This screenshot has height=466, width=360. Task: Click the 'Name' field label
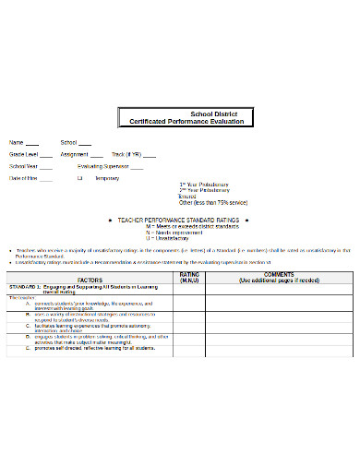point(16,142)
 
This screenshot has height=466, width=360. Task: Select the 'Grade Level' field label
point(23,154)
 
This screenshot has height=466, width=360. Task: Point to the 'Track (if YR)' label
point(125,154)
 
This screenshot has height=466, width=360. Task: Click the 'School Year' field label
point(23,166)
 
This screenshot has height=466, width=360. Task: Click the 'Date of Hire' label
point(24,177)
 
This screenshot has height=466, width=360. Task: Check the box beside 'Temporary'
point(80,177)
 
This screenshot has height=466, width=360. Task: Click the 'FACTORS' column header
point(90,279)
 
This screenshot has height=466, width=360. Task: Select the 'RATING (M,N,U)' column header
point(188,276)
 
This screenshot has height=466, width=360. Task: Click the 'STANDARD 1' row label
point(31,287)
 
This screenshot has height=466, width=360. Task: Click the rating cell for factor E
point(188,347)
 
